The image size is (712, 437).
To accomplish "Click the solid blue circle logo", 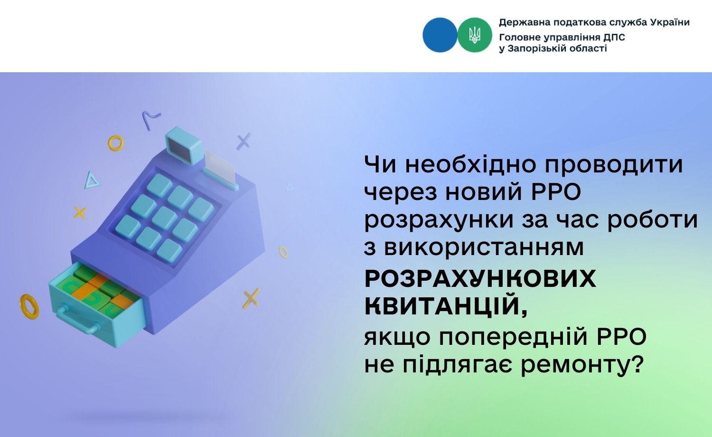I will pos(440,35).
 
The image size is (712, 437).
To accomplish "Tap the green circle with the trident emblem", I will pos(475,35).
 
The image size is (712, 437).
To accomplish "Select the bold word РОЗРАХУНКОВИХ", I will pos(480,279).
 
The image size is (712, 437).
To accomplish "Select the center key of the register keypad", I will pos(165,217).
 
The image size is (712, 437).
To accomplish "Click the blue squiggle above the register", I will pos(151,119).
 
